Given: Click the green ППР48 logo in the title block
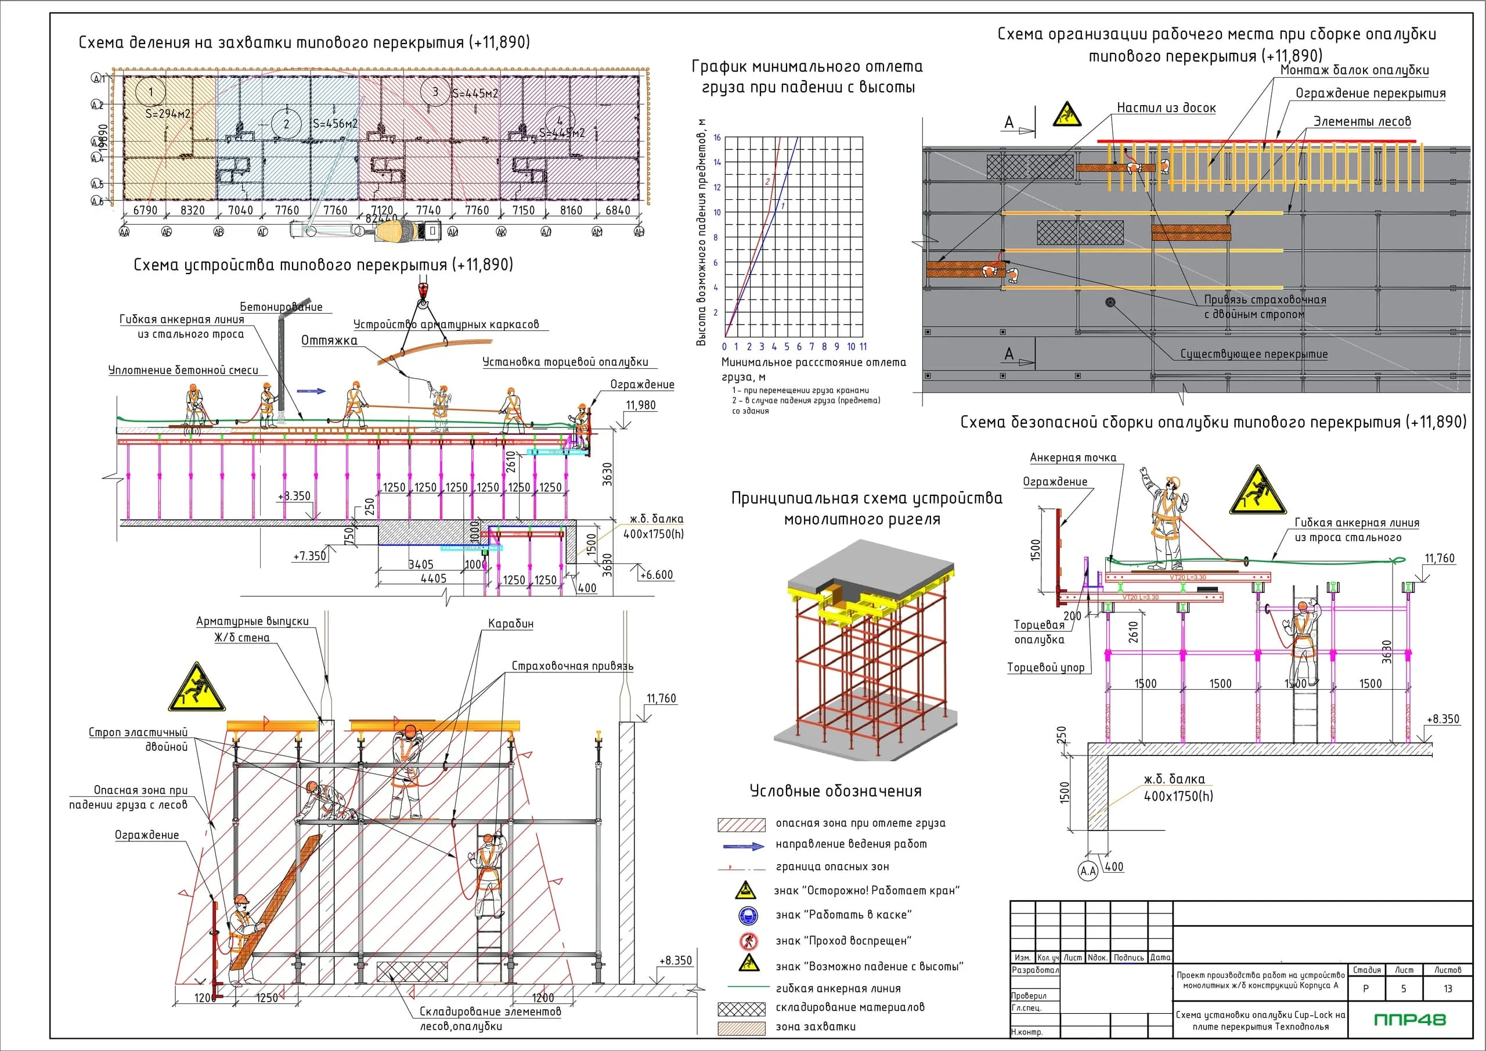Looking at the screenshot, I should pyautogui.click(x=1409, y=1020).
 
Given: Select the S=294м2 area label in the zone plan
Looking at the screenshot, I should pyautogui.click(x=168, y=114).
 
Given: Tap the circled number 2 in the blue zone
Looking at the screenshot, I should pyautogui.click(x=286, y=124).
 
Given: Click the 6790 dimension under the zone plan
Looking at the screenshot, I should pyautogui.click(x=145, y=210).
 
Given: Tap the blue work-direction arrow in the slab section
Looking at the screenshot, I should pyautogui.click(x=311, y=391).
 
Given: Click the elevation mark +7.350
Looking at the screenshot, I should pyautogui.click(x=309, y=556).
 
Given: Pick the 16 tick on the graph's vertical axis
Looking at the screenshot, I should pyautogui.click(x=717, y=137).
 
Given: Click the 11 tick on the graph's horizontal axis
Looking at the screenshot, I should pyautogui.click(x=863, y=347).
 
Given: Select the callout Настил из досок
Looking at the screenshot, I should pyautogui.click(x=1166, y=108).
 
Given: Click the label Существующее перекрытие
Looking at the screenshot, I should pyautogui.click(x=1254, y=354).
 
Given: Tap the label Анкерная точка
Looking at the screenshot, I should pyautogui.click(x=1073, y=458).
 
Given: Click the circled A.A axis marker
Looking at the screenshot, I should pyautogui.click(x=1088, y=871).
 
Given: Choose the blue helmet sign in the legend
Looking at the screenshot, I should pyautogui.click(x=748, y=916).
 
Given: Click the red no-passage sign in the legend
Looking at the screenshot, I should pyautogui.click(x=748, y=941).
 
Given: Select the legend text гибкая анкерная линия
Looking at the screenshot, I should pyautogui.click(x=838, y=988).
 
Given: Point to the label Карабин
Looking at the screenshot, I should pyautogui.click(x=511, y=624).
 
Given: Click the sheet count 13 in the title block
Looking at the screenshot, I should pyautogui.click(x=1447, y=989).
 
